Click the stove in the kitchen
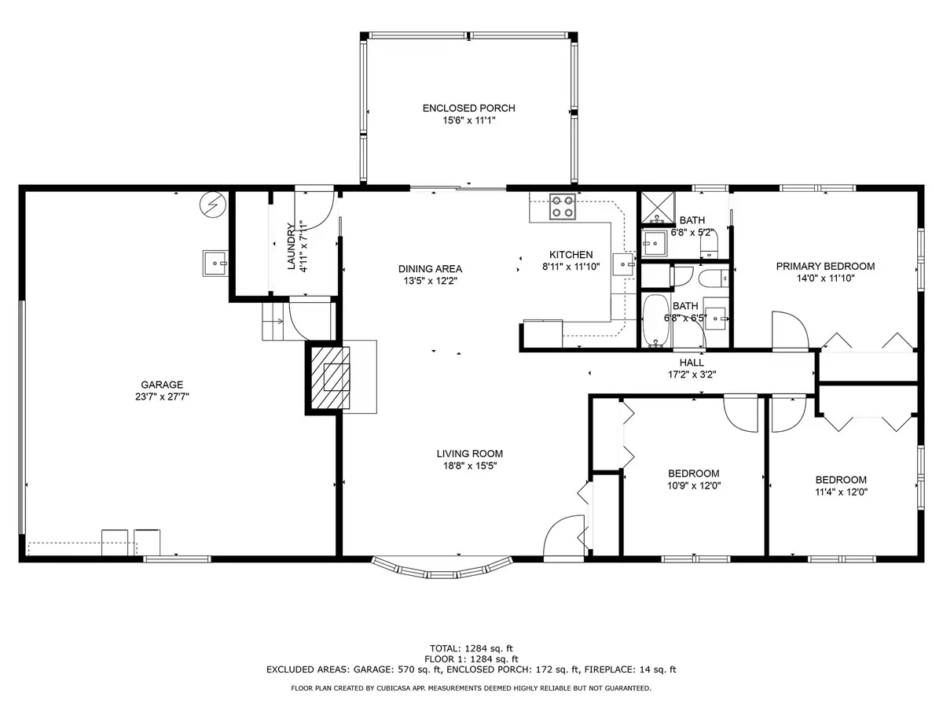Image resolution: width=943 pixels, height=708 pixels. pyautogui.click(x=563, y=206)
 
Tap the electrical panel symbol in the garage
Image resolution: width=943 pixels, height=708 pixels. pyautogui.click(x=213, y=205)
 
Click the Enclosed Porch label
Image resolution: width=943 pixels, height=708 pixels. pyautogui.click(x=468, y=109)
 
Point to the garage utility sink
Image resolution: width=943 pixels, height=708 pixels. pyautogui.click(x=215, y=263)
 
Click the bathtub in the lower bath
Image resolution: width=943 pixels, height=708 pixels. pyautogui.click(x=656, y=321)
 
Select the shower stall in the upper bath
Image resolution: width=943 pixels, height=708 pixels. pyautogui.click(x=658, y=208)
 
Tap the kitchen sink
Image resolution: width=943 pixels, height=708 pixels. pyautogui.click(x=622, y=264)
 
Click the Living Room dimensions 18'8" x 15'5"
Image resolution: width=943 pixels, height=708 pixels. pyautogui.click(x=470, y=466)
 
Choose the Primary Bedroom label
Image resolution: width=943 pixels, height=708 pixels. pyautogui.click(x=825, y=267)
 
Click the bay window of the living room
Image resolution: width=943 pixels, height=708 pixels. pyautogui.click(x=442, y=569)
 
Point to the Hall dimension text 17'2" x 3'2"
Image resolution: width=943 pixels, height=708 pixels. pyautogui.click(x=692, y=374)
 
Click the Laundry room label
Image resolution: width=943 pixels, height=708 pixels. pyautogui.click(x=292, y=247)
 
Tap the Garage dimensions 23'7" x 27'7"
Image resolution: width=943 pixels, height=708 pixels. pyautogui.click(x=163, y=396)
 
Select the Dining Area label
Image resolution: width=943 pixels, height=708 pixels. pyautogui.click(x=430, y=269)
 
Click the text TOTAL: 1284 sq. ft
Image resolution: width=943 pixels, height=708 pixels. pyautogui.click(x=472, y=649)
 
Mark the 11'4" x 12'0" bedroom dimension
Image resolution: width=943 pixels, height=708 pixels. pyautogui.click(x=841, y=492)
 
